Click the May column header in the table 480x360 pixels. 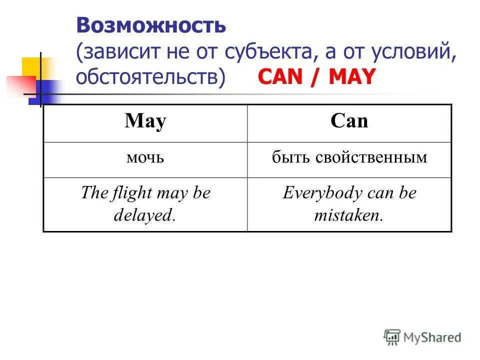click(145, 122)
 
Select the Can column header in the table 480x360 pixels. click(349, 122)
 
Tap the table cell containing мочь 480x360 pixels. click(145, 159)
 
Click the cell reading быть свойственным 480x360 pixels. click(349, 159)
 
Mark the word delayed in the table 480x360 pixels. click(143, 215)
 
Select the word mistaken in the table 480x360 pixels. click(347, 215)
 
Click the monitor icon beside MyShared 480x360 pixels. click(392, 337)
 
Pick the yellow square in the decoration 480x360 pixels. click(31, 67)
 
